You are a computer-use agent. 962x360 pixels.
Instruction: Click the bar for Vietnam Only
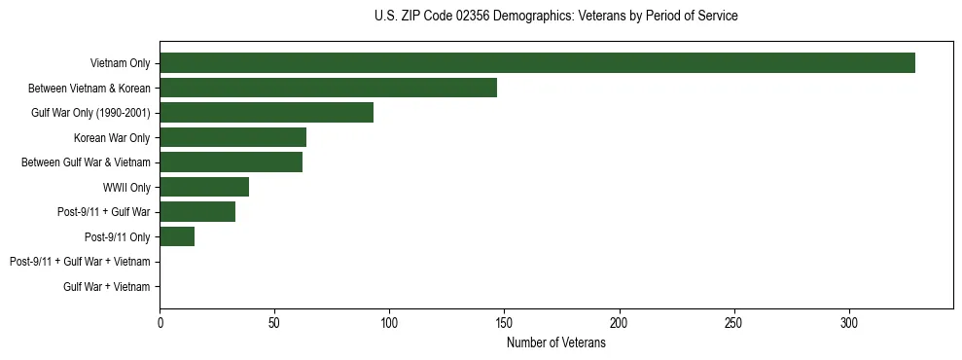[537, 62]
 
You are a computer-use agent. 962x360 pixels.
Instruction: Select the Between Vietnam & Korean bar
[328, 88]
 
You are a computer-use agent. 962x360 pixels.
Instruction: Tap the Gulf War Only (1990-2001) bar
[267, 112]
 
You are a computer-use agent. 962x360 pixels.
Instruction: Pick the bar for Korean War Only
[232, 137]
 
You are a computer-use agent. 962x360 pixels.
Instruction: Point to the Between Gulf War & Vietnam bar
[231, 162]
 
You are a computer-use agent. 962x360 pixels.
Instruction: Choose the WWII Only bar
[204, 187]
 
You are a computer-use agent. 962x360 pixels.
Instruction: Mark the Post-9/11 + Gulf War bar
[197, 211]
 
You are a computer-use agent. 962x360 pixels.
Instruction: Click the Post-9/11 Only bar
[177, 236]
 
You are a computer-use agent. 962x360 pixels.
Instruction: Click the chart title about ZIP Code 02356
[555, 17]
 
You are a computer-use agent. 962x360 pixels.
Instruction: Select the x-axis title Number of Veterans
[555, 343]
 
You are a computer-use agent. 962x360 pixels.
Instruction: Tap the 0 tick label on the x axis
[160, 322]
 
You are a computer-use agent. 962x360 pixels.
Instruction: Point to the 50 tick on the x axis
[274, 322]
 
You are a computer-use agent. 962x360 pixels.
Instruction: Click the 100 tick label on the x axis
[389, 322]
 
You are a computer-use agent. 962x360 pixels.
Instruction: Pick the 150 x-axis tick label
[504, 322]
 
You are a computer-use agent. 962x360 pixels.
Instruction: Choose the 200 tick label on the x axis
[619, 322]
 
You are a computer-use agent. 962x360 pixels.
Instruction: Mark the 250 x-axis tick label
[733, 322]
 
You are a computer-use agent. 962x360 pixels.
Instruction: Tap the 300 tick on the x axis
[848, 322]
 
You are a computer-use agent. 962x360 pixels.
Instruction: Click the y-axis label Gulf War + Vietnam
[107, 286]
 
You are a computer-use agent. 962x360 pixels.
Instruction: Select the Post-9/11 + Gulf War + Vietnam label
[80, 262]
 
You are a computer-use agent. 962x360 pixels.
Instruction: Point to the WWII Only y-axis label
[126, 187]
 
